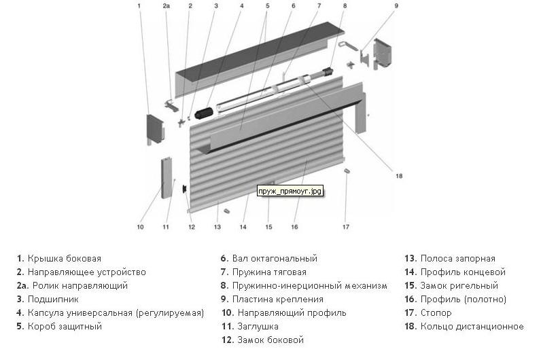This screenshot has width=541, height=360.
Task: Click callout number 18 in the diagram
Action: pos(399,176)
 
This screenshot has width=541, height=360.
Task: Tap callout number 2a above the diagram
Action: pos(167,6)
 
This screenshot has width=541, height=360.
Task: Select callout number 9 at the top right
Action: pos(396,6)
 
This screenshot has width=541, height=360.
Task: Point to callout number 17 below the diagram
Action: pos(346,227)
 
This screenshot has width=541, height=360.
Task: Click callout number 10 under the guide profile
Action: pos(140,227)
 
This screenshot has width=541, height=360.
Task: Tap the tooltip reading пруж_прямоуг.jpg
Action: pos(290,191)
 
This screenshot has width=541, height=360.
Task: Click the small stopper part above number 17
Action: pos(347,170)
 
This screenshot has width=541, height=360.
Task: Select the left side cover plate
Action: pos(155,128)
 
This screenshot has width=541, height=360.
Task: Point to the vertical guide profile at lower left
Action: pos(166,178)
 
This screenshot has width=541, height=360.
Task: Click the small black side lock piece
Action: pos(185,189)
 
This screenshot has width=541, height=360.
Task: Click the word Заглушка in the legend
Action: pos(258,327)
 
